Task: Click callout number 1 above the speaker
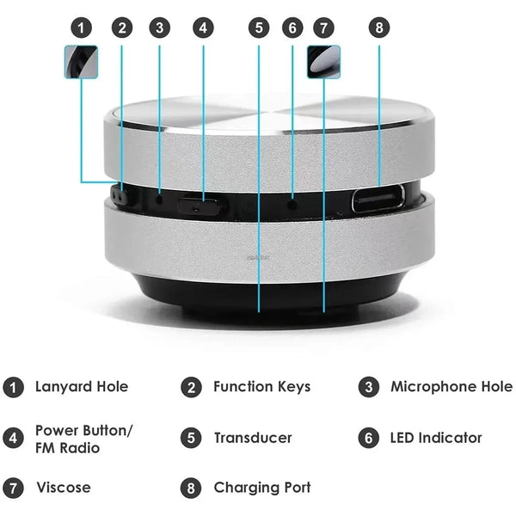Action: [x=81, y=27]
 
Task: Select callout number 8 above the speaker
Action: [x=379, y=27]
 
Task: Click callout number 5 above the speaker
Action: [x=259, y=27]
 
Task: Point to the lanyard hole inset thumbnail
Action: [x=81, y=61]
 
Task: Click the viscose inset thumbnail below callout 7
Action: [x=323, y=61]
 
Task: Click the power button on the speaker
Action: [x=199, y=206]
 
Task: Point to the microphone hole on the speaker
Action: [x=160, y=200]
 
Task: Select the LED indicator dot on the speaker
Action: [x=292, y=204]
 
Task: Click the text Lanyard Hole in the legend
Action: [x=82, y=387]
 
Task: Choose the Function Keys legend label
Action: [x=261, y=387]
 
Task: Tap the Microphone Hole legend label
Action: [x=451, y=387]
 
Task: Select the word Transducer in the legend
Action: [x=253, y=438]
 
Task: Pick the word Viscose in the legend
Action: [x=63, y=488]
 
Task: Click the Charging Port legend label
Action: [x=261, y=488]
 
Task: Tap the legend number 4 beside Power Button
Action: [x=13, y=438]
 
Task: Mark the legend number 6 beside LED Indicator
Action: [x=369, y=438]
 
